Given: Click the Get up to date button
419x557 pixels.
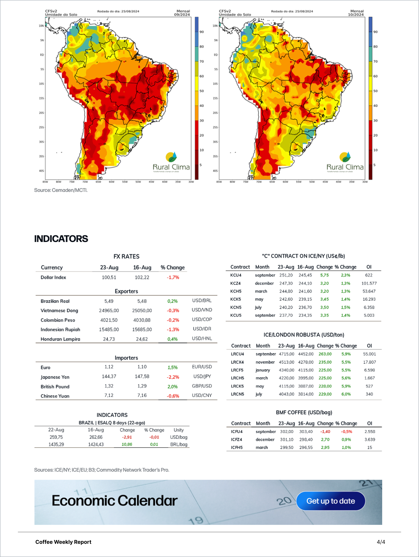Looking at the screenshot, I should (331, 501).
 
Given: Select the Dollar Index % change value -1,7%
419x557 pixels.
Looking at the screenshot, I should (173, 277).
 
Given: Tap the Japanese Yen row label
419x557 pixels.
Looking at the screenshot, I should (55, 377).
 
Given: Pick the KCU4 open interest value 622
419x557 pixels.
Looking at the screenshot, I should (369, 275).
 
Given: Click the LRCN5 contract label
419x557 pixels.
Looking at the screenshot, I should (237, 394).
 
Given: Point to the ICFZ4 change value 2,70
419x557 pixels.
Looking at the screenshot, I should (325, 439).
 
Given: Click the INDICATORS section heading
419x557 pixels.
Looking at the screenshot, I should (61, 239).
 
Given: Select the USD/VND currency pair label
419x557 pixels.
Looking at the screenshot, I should (202, 310).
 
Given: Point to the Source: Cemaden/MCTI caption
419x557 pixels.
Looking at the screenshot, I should (61, 190).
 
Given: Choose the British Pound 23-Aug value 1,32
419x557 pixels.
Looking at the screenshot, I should (109, 386).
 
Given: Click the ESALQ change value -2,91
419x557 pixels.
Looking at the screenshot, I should (127, 437).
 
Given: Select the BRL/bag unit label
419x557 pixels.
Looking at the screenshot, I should (179, 444).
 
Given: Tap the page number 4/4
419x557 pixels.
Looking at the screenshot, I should (381, 542).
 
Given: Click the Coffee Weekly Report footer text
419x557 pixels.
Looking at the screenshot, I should (63, 542).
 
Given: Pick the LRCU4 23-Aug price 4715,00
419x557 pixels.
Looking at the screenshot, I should (287, 354).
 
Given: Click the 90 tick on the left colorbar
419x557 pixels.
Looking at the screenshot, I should (202, 32).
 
